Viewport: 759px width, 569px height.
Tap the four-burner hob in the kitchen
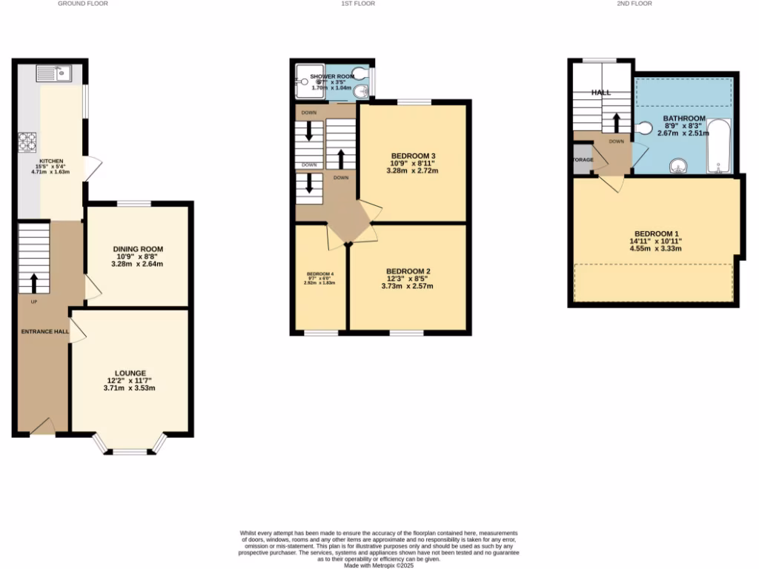click(27, 141)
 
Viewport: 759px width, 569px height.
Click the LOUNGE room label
click(130, 373)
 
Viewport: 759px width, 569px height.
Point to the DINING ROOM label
click(138, 249)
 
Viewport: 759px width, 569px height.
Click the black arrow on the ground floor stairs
click(33, 283)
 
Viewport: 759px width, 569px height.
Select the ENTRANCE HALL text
click(45, 331)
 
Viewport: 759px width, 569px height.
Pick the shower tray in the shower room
click(305, 81)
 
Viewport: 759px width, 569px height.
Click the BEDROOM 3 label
click(413, 156)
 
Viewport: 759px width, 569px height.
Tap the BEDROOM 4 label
click(320, 273)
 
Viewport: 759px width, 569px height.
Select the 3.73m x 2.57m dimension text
click(407, 286)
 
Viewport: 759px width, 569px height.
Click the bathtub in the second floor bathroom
click(719, 146)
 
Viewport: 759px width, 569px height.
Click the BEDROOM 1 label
click(655, 233)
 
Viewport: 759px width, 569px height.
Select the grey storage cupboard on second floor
click(582, 160)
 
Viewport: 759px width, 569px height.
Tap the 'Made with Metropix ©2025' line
click(379, 565)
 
